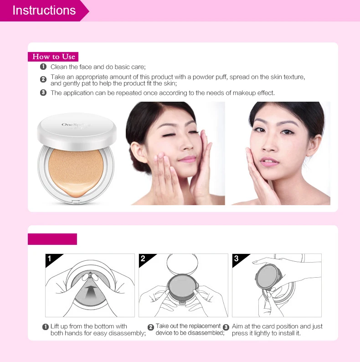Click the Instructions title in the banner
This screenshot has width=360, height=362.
(44, 10)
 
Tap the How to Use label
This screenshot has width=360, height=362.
(53, 57)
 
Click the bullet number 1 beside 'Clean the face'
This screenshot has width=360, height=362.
(43, 67)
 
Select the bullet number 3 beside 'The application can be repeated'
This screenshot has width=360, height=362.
(43, 93)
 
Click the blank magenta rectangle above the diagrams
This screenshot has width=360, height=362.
(52, 239)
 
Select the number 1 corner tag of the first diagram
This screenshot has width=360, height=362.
(50, 259)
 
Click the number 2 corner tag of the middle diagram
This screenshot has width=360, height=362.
(143, 259)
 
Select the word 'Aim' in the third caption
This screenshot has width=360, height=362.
(237, 326)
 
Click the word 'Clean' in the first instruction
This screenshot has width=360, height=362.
(59, 67)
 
